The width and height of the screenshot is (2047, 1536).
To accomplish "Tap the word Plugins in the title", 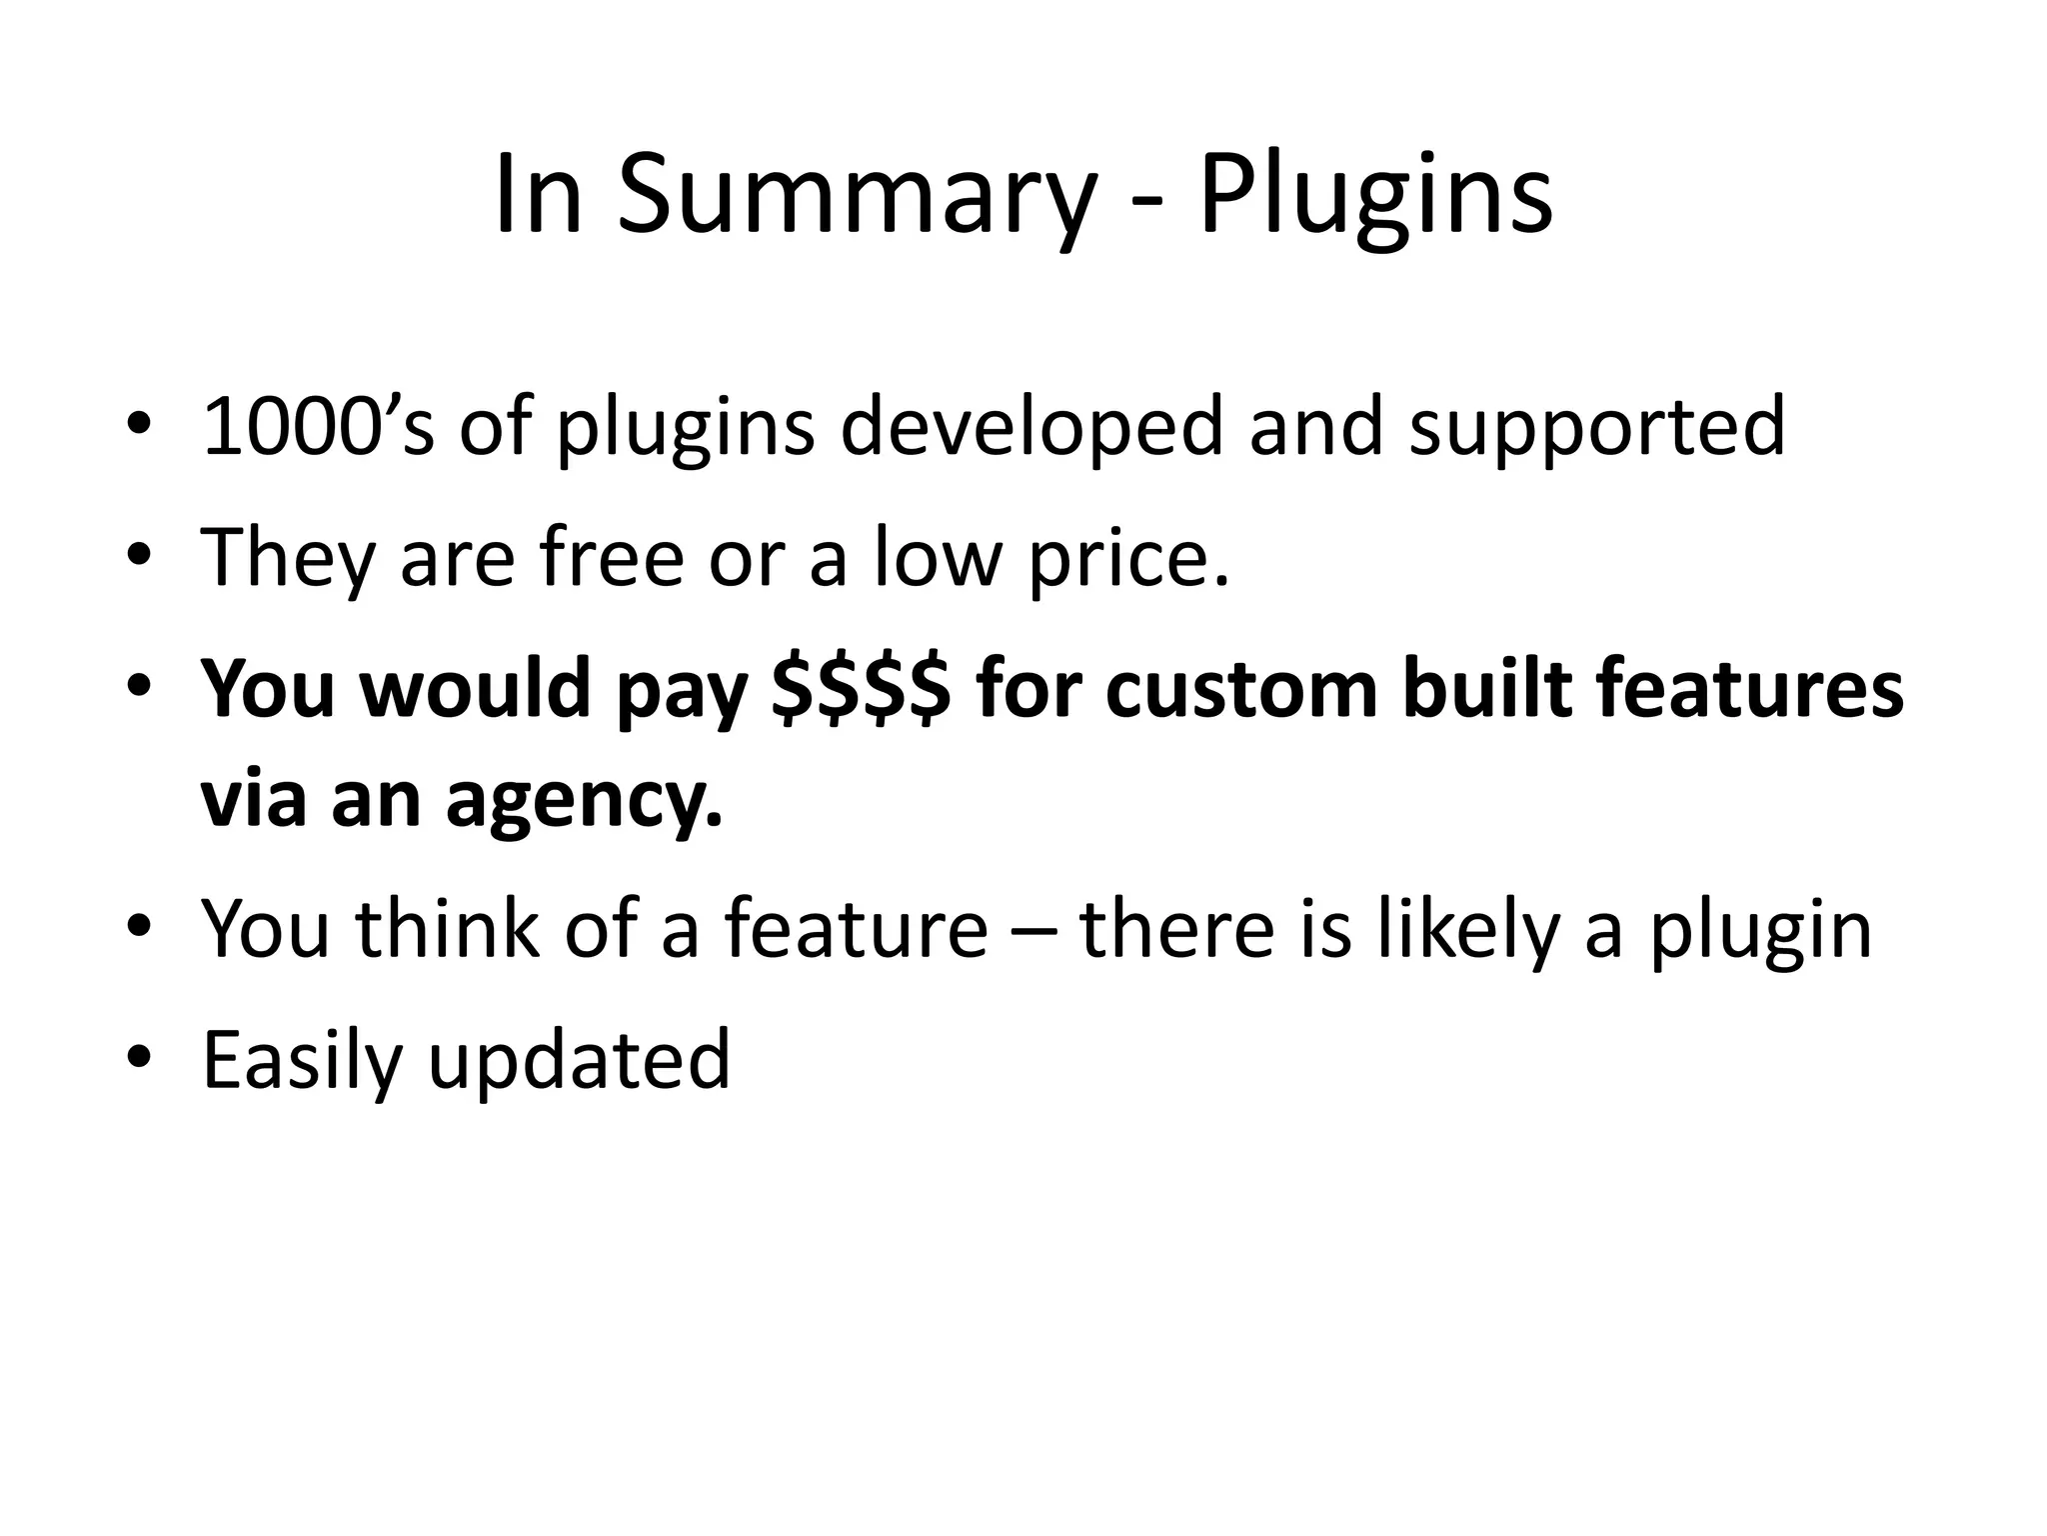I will pyautogui.click(x=1375, y=196).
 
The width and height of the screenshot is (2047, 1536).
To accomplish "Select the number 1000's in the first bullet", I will pyautogui.click(x=318, y=427).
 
